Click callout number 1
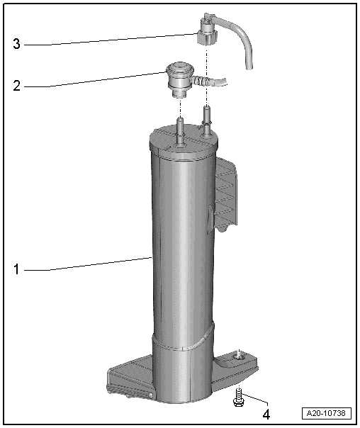pos(16,269)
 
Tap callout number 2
pos(16,86)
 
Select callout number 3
pos(16,44)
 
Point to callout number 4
pos(266,414)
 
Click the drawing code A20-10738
pos(327,413)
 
